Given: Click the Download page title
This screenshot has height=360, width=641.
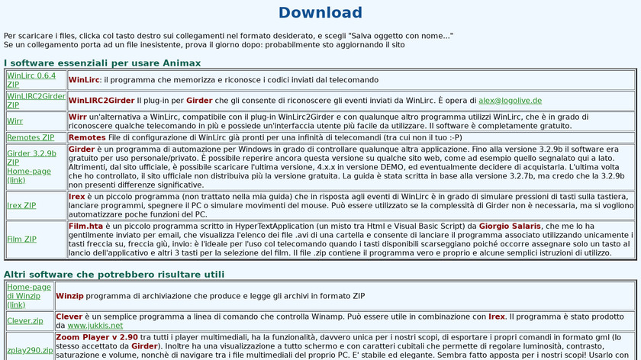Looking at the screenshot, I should click(x=320, y=12).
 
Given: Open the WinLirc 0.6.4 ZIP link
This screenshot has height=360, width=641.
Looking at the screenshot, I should click(x=31, y=79).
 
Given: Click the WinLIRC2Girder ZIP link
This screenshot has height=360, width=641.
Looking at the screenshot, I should click(x=35, y=100).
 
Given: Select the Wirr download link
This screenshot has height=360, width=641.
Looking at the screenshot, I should click(x=14, y=121).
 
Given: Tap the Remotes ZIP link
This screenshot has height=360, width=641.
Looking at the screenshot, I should click(x=31, y=137).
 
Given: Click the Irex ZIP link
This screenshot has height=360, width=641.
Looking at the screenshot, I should click(x=21, y=205).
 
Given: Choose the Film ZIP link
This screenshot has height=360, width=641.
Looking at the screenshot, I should click(x=21, y=239).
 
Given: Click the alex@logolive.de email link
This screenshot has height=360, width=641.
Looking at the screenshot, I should click(x=510, y=100).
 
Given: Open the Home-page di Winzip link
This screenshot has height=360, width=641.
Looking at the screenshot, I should click(x=29, y=295).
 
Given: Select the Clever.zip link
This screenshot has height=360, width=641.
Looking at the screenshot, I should click(x=25, y=320).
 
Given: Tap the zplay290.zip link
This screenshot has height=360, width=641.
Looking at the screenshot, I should click(x=30, y=350).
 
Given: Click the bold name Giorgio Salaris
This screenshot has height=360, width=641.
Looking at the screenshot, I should click(x=511, y=226).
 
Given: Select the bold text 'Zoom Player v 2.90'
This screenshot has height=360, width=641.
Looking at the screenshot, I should click(x=97, y=336).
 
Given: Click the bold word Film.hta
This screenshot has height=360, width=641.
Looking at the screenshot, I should click(x=86, y=226).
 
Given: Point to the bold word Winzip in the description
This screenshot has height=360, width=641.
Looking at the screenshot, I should click(x=69, y=295).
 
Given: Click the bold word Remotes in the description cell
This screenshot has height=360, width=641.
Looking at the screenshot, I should click(x=87, y=137).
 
